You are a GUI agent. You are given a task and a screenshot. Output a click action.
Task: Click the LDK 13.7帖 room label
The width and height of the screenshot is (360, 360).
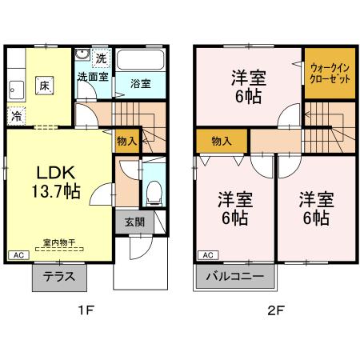[55, 181]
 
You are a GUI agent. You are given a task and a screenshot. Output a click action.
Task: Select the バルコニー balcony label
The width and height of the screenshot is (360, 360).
[235, 277]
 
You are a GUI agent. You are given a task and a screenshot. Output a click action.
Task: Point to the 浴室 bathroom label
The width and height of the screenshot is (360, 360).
[140, 83]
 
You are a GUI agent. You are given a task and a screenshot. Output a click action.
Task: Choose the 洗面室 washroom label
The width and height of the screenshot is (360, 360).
[93, 77]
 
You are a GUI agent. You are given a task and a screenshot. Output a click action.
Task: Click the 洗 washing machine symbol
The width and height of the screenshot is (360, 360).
[101, 58]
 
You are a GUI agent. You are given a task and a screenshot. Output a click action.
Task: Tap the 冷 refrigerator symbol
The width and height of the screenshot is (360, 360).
[17, 116]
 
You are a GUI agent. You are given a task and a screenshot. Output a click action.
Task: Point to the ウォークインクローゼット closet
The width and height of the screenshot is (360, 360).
[328, 74]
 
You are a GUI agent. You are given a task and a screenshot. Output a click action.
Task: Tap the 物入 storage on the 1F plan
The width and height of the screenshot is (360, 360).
[126, 141]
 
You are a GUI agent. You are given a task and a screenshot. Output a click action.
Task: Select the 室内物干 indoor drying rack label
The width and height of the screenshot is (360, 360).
[59, 242]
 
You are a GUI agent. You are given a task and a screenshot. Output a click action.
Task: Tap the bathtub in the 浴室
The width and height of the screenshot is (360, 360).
[140, 60]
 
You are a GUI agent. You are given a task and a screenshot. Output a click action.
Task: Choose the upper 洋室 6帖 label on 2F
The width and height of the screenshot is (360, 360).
[248, 86]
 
